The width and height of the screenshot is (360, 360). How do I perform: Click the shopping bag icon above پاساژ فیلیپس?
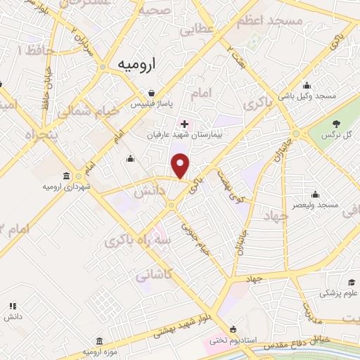(151, 92)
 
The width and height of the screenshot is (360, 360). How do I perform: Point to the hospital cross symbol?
(184, 124)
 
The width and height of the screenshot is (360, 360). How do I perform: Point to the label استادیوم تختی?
(236, 340)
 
